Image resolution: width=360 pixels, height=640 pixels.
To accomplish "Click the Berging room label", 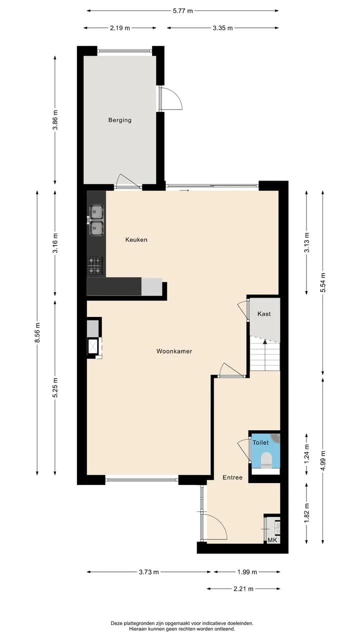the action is point(119,120).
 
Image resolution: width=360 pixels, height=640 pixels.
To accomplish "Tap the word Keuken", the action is point(136,239).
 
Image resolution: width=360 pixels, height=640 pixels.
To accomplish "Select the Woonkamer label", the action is point(174,351).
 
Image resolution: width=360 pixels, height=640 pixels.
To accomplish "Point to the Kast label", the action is point(264,313).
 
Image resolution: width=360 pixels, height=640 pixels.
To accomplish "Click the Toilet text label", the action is point(260,442).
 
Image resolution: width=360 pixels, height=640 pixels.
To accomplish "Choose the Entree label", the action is point(232,477).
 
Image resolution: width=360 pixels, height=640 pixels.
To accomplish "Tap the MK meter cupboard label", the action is point(272,540).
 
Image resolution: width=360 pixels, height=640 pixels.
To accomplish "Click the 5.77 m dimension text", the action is point(183,11).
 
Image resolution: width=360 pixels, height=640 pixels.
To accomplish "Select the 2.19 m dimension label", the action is point(120,28).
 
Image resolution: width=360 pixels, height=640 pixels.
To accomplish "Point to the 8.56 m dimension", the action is point(37,332).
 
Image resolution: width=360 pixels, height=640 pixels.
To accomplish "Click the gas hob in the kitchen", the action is point(95,265).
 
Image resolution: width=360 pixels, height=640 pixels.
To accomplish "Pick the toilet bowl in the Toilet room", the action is point(266,459).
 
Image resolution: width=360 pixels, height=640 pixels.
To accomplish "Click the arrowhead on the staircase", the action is point(265,341).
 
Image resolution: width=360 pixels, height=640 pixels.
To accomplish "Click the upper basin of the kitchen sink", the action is point(96,211).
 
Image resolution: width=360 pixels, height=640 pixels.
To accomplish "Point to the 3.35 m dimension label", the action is point(223,28).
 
